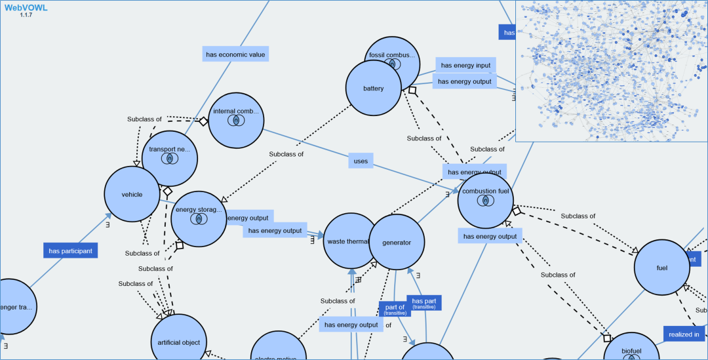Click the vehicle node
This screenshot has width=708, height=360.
click(x=132, y=194)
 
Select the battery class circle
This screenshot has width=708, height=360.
click(x=373, y=89)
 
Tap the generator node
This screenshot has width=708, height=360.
click(x=397, y=242)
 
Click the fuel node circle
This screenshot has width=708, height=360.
click(x=661, y=268)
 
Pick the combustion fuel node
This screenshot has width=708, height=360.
click(x=485, y=200)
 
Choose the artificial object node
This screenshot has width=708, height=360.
click(x=179, y=342)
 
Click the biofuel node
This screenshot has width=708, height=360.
click(x=631, y=351)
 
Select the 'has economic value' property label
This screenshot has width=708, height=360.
click(x=235, y=54)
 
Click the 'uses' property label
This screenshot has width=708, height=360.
click(x=361, y=161)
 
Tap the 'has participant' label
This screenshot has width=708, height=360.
click(x=71, y=250)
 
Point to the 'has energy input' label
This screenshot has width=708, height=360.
click(x=465, y=65)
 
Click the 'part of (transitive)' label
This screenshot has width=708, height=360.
click(x=395, y=310)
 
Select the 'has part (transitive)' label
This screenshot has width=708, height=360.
click(x=423, y=303)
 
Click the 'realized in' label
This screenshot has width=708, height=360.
click(x=684, y=334)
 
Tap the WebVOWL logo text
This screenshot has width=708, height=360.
click(x=26, y=7)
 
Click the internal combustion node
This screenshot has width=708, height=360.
click(x=236, y=119)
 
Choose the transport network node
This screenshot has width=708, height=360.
click(x=169, y=157)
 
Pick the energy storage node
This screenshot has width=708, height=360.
click(x=199, y=218)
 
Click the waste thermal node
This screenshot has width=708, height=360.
click(x=348, y=241)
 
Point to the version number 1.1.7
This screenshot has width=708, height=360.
click(x=26, y=15)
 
